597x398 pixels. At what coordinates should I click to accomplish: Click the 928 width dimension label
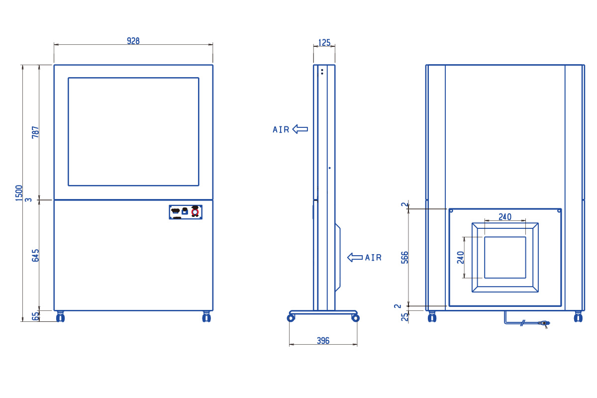(x=133, y=41)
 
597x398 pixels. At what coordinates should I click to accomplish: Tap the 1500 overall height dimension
(x=19, y=193)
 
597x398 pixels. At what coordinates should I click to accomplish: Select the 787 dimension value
(x=35, y=132)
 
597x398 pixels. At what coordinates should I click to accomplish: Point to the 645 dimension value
(x=35, y=255)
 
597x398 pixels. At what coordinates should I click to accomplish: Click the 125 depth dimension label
(x=324, y=43)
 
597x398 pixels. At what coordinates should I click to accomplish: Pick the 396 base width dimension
(x=323, y=340)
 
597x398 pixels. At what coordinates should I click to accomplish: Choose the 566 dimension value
(x=404, y=257)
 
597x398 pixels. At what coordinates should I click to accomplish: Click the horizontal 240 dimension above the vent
(x=505, y=217)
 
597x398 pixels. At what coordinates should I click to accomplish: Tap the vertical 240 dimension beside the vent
(x=461, y=257)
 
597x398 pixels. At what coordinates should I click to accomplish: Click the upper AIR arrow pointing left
(x=300, y=129)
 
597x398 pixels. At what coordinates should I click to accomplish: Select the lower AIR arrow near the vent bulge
(x=355, y=257)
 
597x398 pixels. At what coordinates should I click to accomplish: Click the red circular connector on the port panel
(x=195, y=212)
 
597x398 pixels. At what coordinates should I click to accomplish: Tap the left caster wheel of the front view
(x=61, y=317)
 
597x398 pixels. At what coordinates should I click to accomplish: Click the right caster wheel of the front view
(x=206, y=317)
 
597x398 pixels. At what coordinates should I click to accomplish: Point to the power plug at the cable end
(x=544, y=323)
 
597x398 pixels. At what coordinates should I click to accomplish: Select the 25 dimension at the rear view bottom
(x=404, y=317)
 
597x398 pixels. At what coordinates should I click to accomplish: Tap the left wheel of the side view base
(x=291, y=318)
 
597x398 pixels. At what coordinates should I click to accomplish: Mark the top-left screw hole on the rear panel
(x=451, y=211)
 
